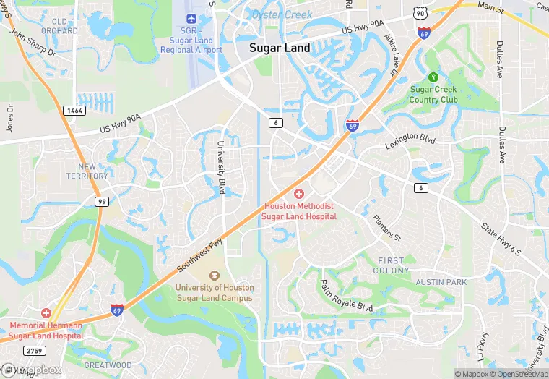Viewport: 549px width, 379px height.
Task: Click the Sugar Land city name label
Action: (x=280, y=48)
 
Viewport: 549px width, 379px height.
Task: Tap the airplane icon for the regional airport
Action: (x=191, y=19)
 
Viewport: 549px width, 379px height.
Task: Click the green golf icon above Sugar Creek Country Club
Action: (x=433, y=77)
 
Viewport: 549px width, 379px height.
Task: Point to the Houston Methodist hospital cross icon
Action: (x=299, y=194)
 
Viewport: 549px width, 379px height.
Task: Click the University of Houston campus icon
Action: (x=214, y=276)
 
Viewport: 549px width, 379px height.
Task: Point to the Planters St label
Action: (x=386, y=227)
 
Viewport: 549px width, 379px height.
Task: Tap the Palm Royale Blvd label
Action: (x=346, y=296)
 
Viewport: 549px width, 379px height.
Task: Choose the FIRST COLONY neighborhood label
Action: (x=392, y=265)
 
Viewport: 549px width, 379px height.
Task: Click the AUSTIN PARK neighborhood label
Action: (x=441, y=282)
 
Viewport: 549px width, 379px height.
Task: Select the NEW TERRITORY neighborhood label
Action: (x=87, y=171)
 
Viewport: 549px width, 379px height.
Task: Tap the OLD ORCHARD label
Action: (x=59, y=27)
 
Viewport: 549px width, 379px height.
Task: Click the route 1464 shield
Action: (x=74, y=110)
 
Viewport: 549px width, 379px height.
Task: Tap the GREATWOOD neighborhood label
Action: (x=108, y=365)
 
